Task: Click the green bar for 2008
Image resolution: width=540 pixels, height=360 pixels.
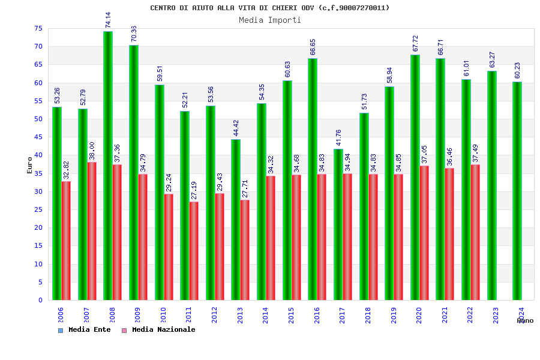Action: tap(108, 166)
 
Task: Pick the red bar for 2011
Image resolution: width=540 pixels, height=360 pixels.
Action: tap(194, 251)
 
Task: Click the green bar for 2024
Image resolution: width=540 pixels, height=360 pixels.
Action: tap(517, 191)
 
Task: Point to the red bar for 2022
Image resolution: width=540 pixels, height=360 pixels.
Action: tap(475, 232)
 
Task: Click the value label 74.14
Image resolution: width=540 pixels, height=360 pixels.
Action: tap(108, 20)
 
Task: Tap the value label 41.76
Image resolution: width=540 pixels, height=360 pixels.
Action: tap(338, 138)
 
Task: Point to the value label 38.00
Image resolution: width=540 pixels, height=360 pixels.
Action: tap(92, 151)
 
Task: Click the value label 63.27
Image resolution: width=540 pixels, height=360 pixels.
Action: tap(492, 60)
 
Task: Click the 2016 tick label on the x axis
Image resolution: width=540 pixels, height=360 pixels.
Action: tap(317, 315)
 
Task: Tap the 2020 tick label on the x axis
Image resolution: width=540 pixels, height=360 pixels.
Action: tap(419, 315)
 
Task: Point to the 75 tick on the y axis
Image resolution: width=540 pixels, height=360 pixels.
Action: tap(37, 29)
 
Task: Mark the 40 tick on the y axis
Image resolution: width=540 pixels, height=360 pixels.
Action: tap(37, 155)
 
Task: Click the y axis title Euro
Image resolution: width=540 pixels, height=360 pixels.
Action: tap(30, 165)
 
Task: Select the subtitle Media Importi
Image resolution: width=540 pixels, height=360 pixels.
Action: tap(270, 20)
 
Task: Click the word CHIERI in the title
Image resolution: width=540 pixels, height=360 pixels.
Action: tap(292, 8)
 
